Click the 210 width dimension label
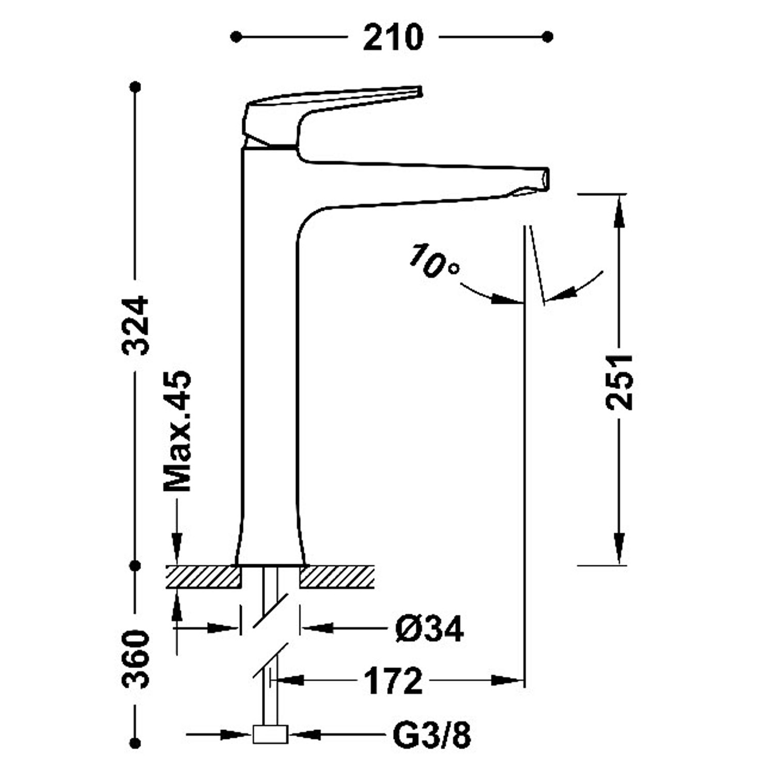(393, 37)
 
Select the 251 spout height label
(619, 382)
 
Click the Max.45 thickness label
(177, 431)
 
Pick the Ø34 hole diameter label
(430, 629)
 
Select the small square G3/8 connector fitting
(270, 734)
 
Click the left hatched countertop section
(204, 577)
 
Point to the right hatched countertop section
(336, 577)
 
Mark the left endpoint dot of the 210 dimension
(236, 37)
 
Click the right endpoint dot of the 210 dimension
(548, 37)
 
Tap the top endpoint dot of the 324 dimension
(136, 87)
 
